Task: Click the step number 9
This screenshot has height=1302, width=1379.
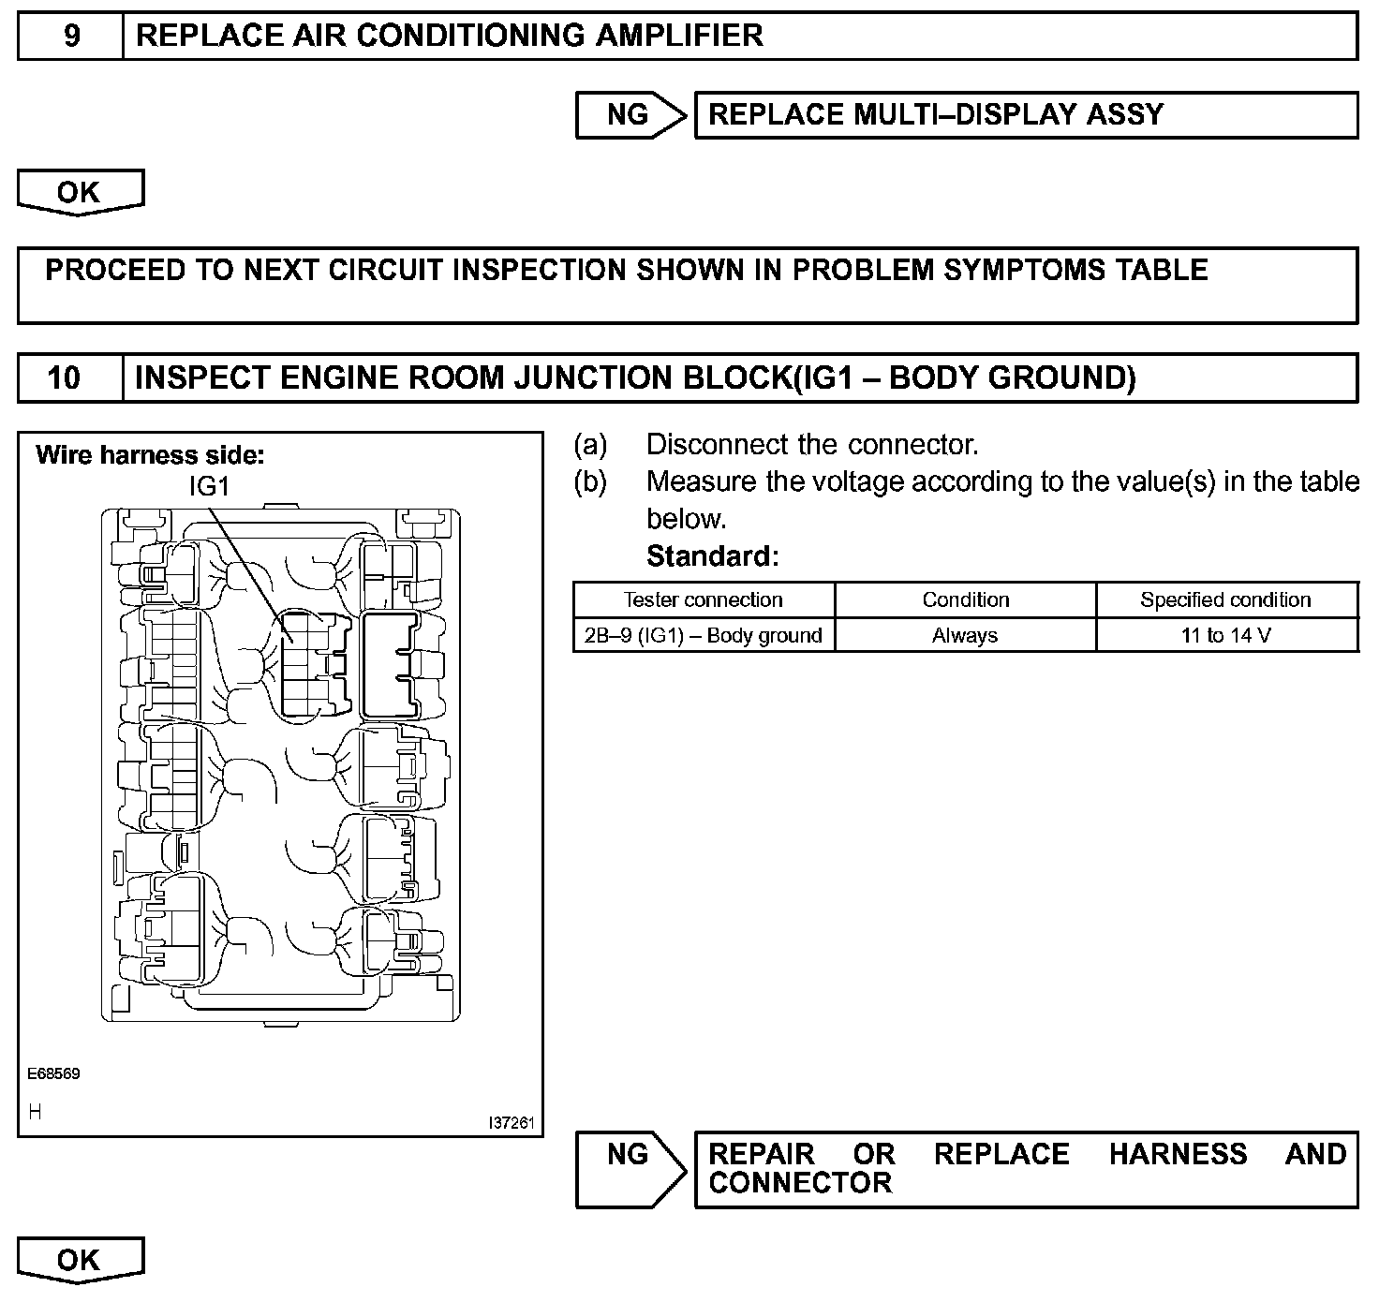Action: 71,36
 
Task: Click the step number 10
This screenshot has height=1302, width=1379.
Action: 64,377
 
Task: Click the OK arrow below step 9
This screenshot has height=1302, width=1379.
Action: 79,192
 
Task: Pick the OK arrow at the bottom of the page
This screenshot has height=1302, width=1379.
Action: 79,1260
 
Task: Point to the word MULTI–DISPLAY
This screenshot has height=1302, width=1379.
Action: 964,114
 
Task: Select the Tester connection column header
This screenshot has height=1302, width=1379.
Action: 703,599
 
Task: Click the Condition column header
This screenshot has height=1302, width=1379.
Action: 965,599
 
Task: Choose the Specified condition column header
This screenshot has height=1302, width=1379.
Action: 1225,599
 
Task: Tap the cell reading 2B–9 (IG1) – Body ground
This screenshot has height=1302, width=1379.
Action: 703,635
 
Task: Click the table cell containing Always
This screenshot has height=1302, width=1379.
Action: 965,635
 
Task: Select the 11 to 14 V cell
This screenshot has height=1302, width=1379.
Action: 1225,635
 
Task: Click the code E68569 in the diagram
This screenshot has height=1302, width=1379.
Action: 53,1073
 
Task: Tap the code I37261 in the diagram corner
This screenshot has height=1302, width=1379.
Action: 511,1122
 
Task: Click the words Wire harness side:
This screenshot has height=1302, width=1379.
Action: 150,456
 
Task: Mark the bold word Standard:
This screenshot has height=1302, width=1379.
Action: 712,556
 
